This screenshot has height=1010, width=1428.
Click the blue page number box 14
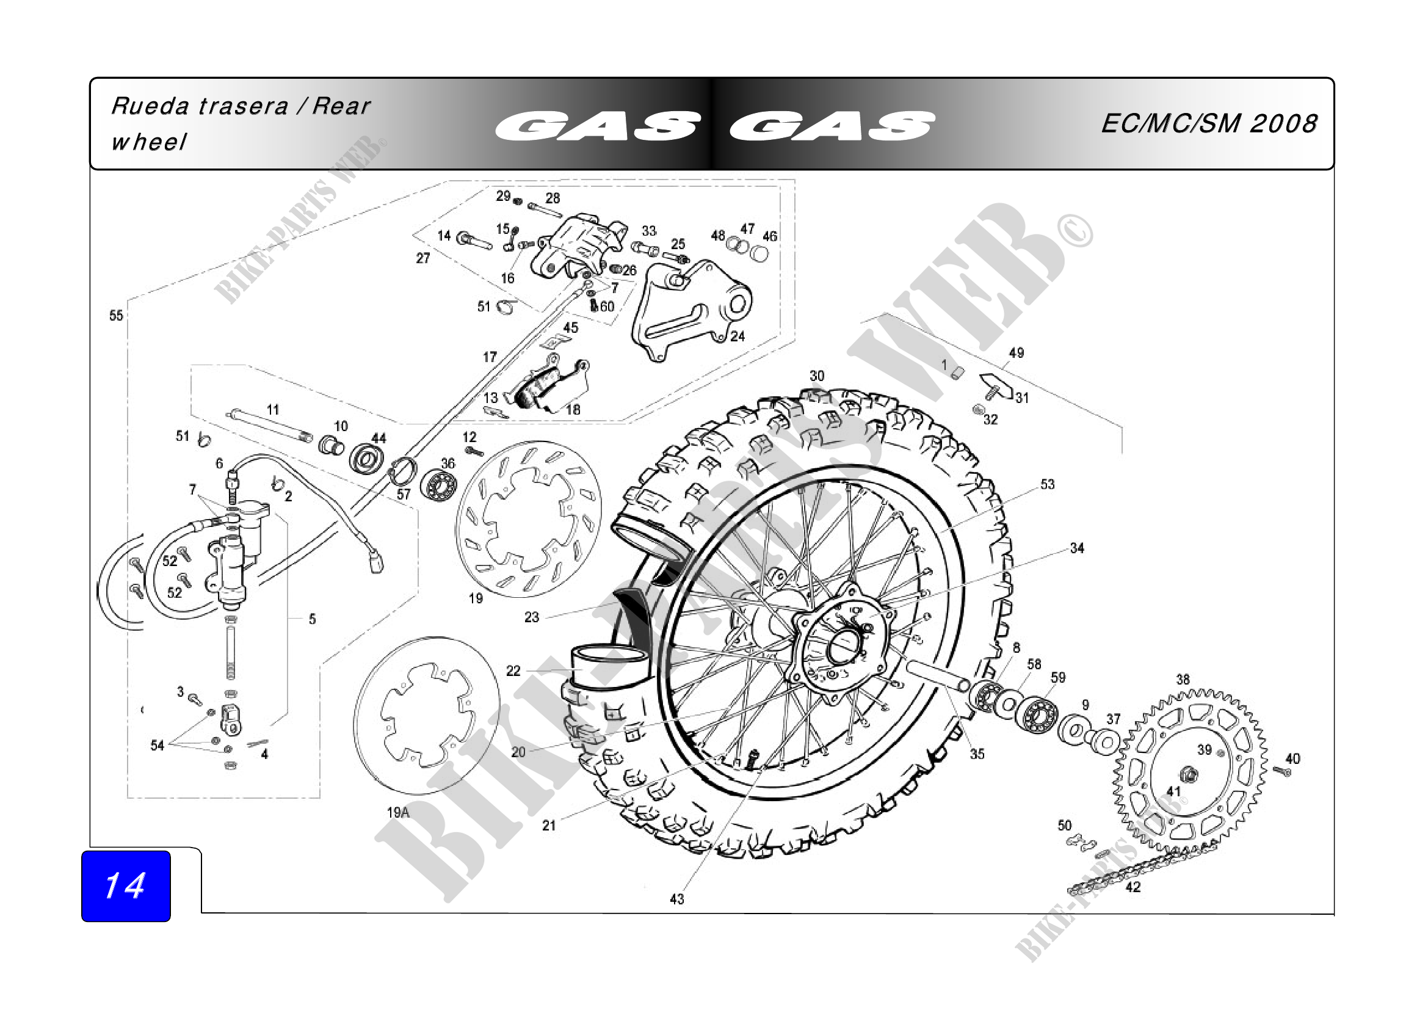(x=126, y=885)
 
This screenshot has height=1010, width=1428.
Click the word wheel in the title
(x=148, y=142)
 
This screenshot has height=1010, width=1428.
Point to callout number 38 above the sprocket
(x=1183, y=680)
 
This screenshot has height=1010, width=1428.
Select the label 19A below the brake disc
(x=398, y=812)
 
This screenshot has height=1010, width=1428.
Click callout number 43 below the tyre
(x=676, y=899)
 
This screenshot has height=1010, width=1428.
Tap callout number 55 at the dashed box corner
(x=117, y=315)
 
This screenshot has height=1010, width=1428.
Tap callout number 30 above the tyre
(x=817, y=376)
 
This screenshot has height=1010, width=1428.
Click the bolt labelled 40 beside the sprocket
(x=1281, y=771)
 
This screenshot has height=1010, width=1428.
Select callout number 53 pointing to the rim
(x=1048, y=484)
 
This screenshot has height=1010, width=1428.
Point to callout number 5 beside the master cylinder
(x=312, y=619)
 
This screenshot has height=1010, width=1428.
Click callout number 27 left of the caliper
(x=423, y=258)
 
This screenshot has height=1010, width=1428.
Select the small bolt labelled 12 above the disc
(x=474, y=451)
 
